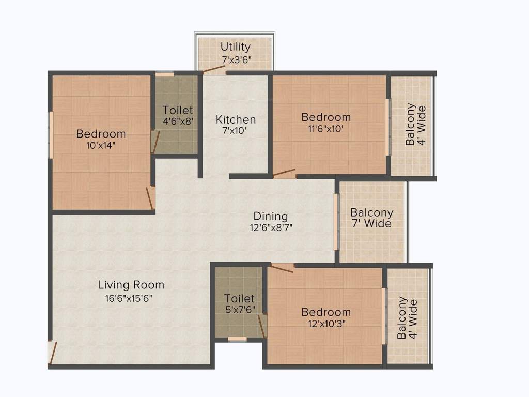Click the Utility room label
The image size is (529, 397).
coord(236,48)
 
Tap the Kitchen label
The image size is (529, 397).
coord(236,119)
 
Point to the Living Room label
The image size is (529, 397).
coord(131,285)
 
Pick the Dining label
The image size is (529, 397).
coord(270,216)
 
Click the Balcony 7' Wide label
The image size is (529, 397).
coord(371,218)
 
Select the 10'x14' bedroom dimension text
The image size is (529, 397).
coord(101,145)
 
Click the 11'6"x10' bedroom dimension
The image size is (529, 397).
coord(326,129)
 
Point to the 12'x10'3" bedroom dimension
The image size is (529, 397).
coord(326,324)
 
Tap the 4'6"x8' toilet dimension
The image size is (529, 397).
coord(178,121)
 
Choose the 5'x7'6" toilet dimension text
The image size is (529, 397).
coord(239,310)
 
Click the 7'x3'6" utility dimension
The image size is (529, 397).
coord(236,59)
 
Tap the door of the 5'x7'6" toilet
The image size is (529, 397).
coord(262,326)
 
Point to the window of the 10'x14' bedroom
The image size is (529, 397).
coord(51,134)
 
